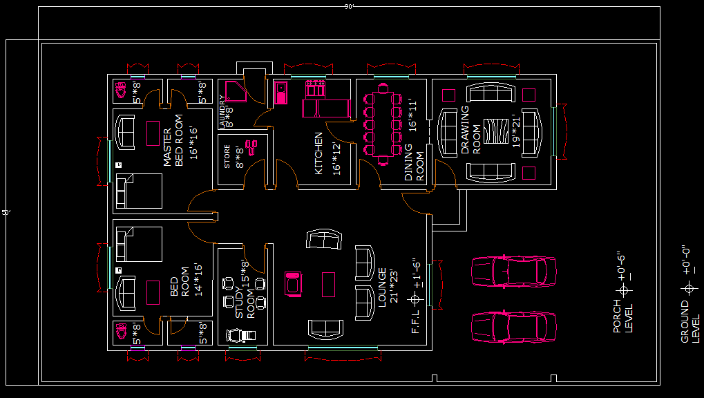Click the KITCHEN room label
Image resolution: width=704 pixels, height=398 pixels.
pos(318,153)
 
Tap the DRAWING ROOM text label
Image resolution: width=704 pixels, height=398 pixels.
pos(470,130)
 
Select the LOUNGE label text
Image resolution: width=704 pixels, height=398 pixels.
pos(381,287)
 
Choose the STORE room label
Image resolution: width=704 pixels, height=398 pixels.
pos(227,157)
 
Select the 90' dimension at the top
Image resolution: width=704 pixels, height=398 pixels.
pos(350,6)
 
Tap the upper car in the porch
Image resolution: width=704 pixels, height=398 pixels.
pos(513,270)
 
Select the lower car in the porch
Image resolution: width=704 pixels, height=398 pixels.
pos(513,326)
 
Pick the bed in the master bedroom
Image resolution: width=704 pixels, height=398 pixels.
pos(138,191)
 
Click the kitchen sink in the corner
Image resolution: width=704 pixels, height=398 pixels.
pos(281,93)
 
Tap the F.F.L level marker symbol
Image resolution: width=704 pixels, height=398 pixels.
pos(415,299)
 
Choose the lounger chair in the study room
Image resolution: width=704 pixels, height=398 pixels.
pos(240,336)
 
